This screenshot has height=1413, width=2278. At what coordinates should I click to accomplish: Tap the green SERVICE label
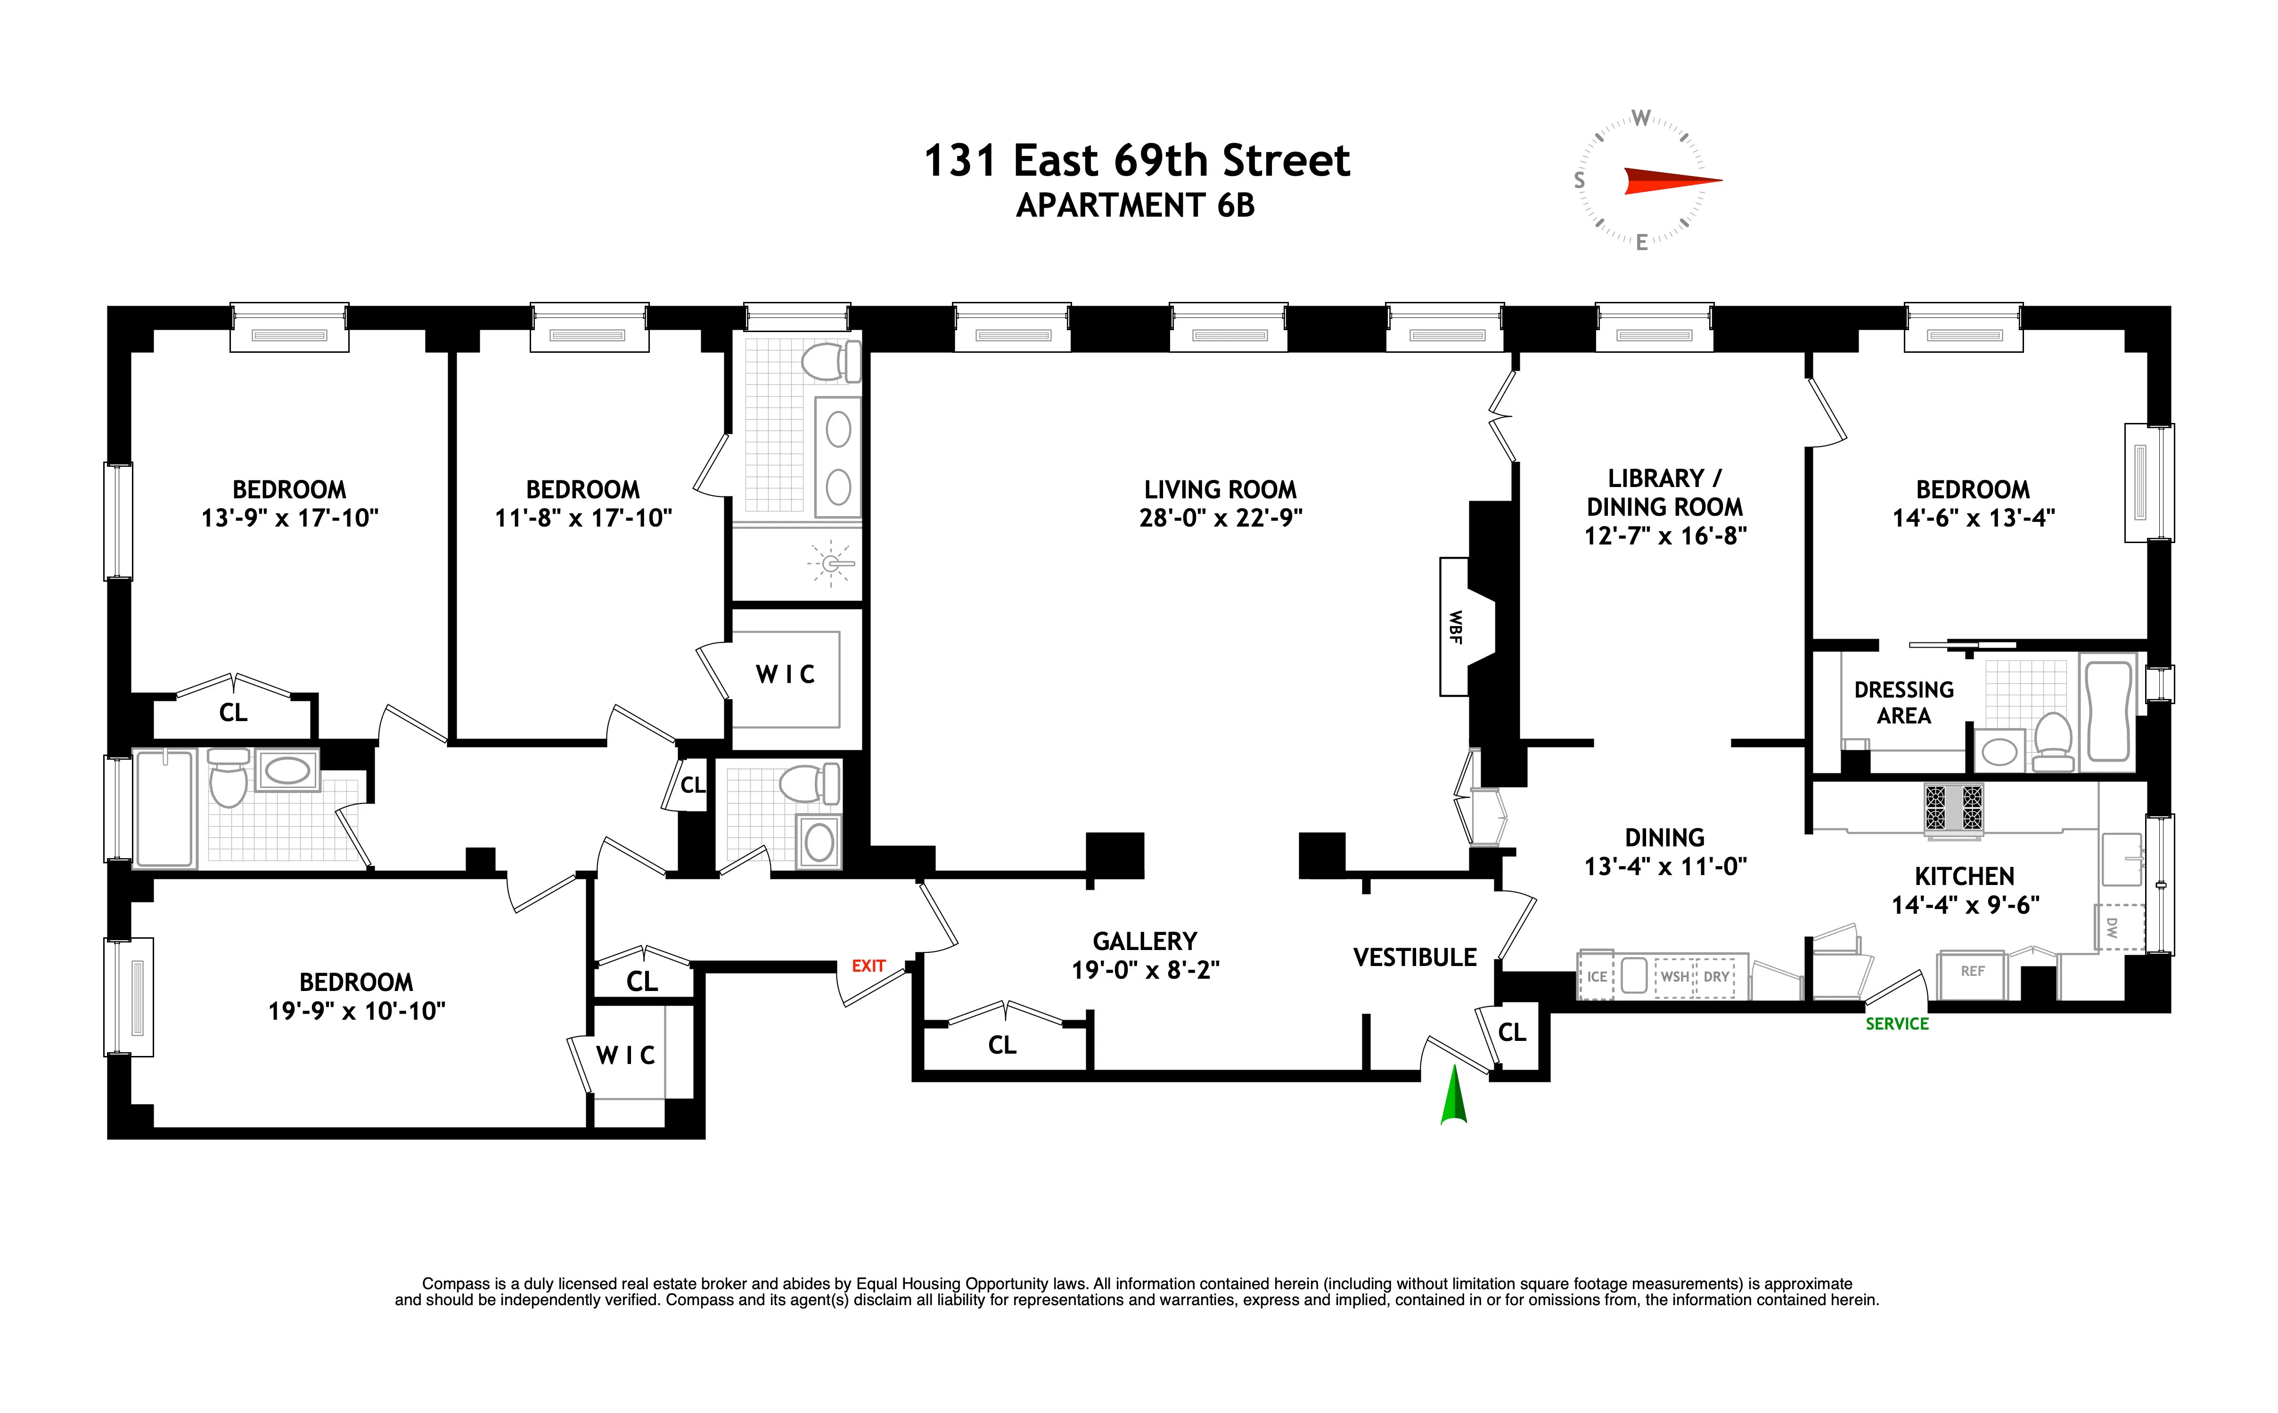pos(1897,1023)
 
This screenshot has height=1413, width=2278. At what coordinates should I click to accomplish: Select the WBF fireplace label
pos(1454,626)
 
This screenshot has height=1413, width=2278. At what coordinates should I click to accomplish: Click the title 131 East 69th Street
pos(1137,161)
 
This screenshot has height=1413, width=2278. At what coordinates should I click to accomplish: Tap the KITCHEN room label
pos(1964,876)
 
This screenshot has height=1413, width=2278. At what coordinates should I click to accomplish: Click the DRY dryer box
pos(1716,976)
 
